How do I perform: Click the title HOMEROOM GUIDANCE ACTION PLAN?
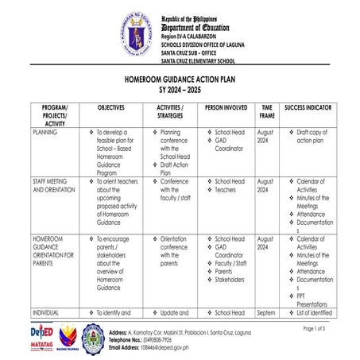tap(180, 80)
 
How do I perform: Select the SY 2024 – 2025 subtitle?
tap(180, 91)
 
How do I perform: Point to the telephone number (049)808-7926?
tap(162, 339)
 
